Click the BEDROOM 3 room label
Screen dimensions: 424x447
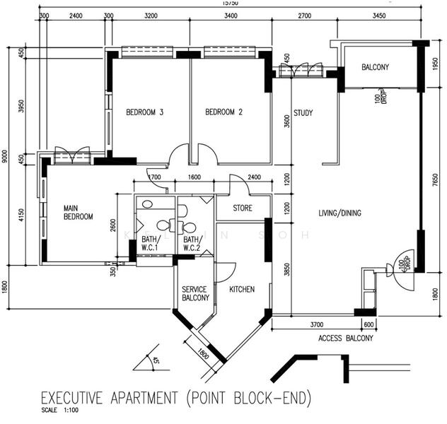tap(145, 112)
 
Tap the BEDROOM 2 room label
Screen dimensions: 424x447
tap(224, 112)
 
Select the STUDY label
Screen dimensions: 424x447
tap(303, 113)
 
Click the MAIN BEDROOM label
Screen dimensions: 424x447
tap(79, 213)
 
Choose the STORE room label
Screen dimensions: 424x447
tap(243, 208)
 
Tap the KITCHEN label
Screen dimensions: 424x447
tap(242, 290)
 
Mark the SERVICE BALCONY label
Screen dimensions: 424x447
tap(195, 294)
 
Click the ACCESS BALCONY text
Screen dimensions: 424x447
tap(347, 337)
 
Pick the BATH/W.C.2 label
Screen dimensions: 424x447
tap(192, 244)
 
